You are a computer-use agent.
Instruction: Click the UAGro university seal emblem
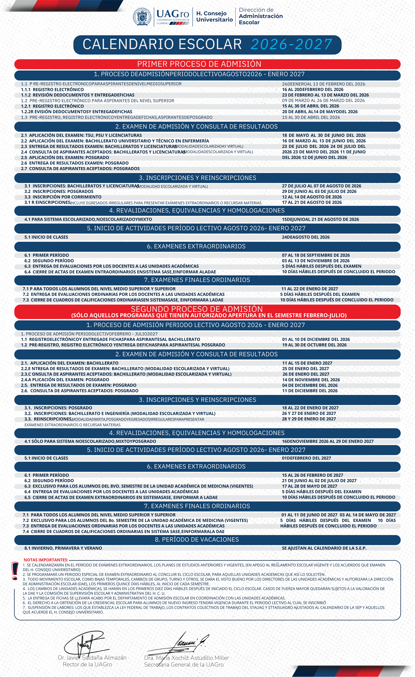tap(142, 17)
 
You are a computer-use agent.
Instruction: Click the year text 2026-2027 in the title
tap(291, 45)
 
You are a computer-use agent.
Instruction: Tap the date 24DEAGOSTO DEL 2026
tap(306, 237)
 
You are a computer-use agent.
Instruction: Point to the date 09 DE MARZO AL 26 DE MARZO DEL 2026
tap(323, 101)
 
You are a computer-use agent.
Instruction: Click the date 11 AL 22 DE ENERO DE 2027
tap(310, 289)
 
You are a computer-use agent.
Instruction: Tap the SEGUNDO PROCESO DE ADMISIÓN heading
tap(197, 309)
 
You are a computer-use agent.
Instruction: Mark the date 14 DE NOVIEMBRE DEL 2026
tap(311, 380)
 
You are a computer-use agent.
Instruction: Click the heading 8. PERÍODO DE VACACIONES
tap(197, 540)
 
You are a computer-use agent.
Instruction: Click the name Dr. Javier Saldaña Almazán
tap(92, 658)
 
